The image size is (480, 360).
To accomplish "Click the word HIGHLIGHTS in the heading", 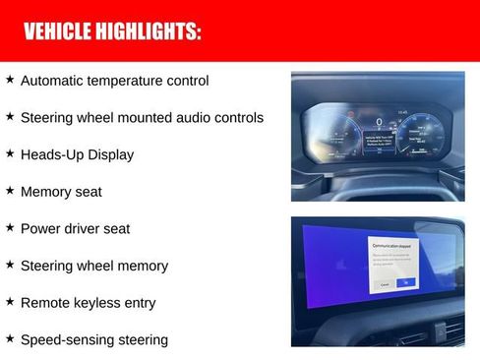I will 148,31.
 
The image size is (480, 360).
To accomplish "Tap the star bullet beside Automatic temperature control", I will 10,80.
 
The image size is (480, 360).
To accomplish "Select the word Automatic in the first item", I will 53,81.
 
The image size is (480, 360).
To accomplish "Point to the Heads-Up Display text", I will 77,154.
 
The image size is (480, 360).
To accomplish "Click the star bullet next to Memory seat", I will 10,191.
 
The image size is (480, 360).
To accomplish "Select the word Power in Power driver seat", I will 40,228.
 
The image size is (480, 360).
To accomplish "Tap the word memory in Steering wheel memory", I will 143,266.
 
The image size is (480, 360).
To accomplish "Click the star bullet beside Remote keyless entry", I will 10,302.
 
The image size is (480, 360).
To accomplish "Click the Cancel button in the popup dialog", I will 384,283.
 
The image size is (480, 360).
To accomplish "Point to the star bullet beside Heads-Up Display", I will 10,153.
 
